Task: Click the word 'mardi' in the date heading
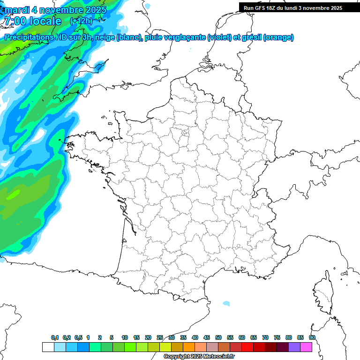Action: [x=16, y=10]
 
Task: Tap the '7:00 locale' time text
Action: [x=33, y=21]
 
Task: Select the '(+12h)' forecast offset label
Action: [x=81, y=21]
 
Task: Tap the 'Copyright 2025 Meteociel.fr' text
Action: [x=199, y=357]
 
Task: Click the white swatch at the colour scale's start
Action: [x=48, y=347]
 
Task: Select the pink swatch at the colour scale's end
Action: [x=306, y=347]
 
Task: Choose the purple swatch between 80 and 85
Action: [x=294, y=347]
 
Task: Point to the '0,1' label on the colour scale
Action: [x=55, y=338]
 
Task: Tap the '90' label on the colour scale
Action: [x=312, y=338]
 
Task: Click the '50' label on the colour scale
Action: [x=218, y=338]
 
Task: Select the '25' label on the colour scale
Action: [x=160, y=338]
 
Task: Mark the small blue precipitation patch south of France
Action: [x=226, y=303]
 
